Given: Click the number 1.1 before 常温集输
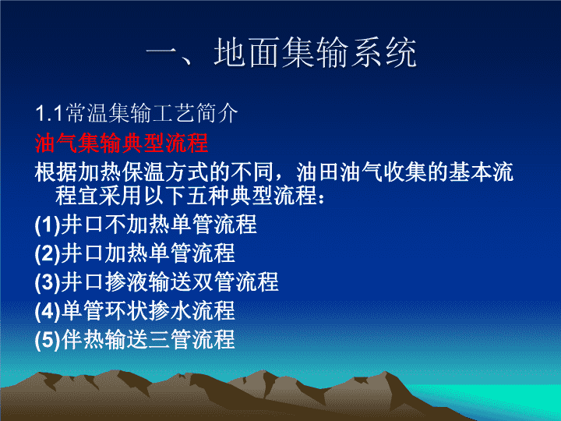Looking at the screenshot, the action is click(50, 113).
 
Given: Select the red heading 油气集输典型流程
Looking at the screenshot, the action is click(122, 143).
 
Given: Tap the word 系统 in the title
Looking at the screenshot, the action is click(383, 53).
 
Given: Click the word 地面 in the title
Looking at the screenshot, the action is click(247, 53).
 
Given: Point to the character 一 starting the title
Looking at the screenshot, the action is click(162, 54).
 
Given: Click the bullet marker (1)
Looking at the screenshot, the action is click(48, 225).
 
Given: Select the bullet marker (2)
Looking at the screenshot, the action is click(48, 253).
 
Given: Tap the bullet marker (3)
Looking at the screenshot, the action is click(48, 282).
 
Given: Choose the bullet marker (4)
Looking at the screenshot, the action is click(48, 311).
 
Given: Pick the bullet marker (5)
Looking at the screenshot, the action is click(48, 339).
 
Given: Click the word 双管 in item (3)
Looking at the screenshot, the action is click(213, 282).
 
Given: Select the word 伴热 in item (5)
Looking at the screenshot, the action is click(83, 339).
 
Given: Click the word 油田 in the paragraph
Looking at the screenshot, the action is click(319, 172).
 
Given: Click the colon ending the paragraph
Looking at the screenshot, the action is click(321, 198).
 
